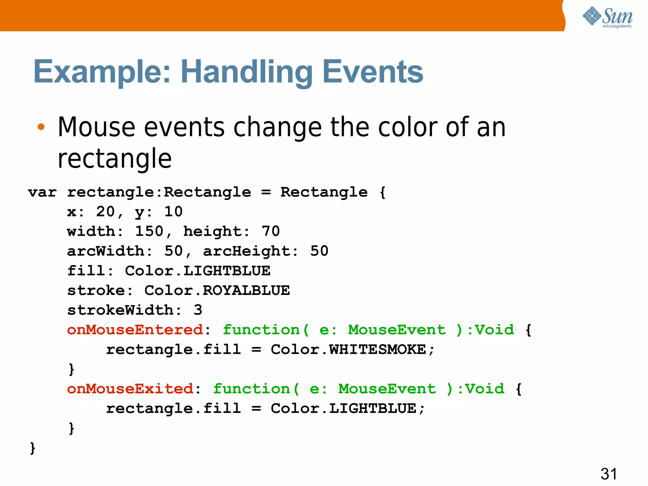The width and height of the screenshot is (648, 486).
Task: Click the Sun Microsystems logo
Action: [x=607, y=17]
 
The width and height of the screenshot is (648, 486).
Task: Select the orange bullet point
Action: [x=41, y=127]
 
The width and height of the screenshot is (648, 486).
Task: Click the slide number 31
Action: [x=608, y=474]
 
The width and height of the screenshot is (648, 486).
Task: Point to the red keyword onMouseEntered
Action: [x=135, y=330]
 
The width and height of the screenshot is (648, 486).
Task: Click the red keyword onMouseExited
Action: [x=130, y=389]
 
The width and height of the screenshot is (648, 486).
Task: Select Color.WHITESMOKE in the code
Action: [x=348, y=349]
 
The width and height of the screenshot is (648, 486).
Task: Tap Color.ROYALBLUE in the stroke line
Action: [x=217, y=290]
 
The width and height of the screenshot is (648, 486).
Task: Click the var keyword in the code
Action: [x=42, y=192]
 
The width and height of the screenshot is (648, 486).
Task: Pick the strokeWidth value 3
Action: [x=198, y=310]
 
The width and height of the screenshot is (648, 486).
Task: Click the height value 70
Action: [x=271, y=231]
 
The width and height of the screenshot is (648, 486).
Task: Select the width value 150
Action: [x=149, y=231]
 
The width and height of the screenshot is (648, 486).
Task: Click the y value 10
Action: [x=173, y=212]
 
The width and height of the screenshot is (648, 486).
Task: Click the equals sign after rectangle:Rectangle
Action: [x=266, y=192]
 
